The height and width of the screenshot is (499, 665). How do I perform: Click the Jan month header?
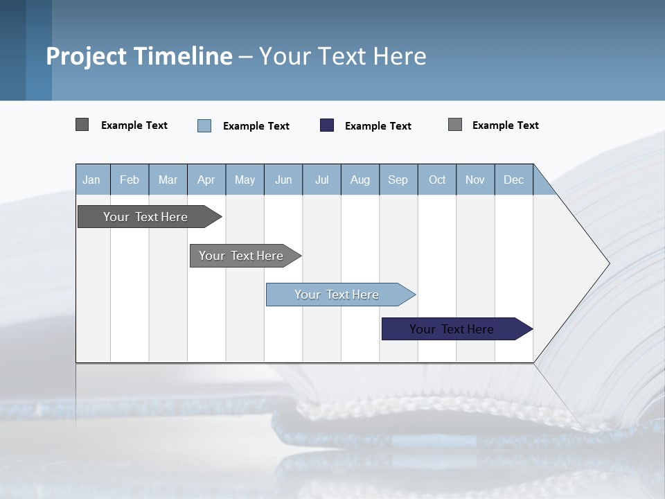(x=91, y=180)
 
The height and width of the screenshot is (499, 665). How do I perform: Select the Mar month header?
(x=168, y=180)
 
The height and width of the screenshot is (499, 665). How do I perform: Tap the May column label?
(x=245, y=180)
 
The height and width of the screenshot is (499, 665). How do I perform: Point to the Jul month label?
(x=321, y=180)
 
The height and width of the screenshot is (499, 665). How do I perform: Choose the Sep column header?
(x=398, y=180)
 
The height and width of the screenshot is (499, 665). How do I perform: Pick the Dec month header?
(x=513, y=180)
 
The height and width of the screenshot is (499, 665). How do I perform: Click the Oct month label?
(x=437, y=180)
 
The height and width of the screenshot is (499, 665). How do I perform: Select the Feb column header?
(x=130, y=180)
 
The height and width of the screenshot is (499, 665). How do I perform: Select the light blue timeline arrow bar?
(x=337, y=295)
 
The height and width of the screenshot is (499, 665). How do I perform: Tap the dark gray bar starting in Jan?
(x=146, y=217)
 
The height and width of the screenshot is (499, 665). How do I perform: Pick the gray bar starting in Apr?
(x=242, y=256)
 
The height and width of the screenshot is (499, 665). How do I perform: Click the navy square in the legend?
(x=327, y=125)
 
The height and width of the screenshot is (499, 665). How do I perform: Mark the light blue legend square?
(x=204, y=125)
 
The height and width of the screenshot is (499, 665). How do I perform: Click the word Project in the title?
(x=87, y=56)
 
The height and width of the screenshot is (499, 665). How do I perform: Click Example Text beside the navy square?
(x=378, y=126)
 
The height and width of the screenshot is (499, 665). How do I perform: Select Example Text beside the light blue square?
(x=256, y=126)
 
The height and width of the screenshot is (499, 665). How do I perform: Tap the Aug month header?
(x=360, y=180)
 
